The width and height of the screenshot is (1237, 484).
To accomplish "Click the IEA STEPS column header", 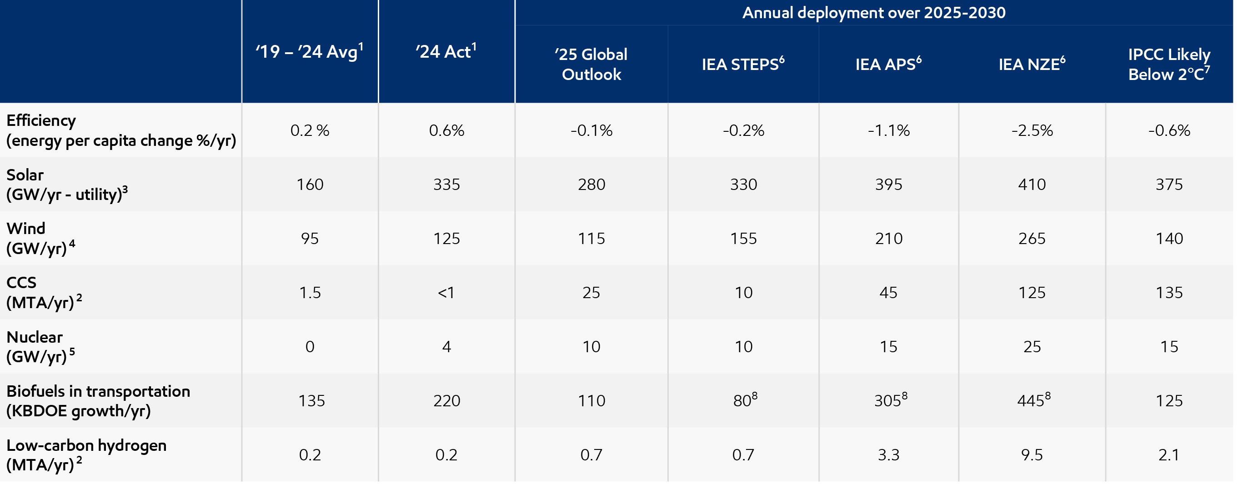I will click(x=743, y=64).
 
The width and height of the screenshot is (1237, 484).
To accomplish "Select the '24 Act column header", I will click(x=446, y=51).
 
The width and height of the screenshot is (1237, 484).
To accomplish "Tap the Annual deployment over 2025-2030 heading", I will click(x=873, y=12).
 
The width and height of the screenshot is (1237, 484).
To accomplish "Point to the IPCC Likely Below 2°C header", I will click(x=1169, y=64).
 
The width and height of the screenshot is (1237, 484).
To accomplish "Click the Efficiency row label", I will click(x=120, y=130).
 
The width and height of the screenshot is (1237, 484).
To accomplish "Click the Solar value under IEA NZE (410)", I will click(x=1032, y=185).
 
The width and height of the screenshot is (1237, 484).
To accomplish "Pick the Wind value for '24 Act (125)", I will click(x=446, y=239).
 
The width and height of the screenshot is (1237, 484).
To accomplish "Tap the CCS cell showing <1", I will click(x=446, y=292).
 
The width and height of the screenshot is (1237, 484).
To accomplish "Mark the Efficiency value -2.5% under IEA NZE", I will click(x=1032, y=130).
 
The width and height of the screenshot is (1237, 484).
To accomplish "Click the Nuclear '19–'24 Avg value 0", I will click(x=310, y=347).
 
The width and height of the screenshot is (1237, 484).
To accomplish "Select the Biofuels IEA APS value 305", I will click(x=888, y=400).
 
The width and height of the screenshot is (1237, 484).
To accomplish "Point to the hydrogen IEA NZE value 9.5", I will click(x=1032, y=455).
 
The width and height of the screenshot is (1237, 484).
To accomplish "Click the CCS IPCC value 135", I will click(x=1169, y=292).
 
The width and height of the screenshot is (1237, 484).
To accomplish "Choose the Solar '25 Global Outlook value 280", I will click(x=591, y=185).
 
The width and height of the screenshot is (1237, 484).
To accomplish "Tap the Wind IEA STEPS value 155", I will click(x=743, y=239).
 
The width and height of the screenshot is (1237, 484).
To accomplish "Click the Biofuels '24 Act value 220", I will click(x=446, y=400).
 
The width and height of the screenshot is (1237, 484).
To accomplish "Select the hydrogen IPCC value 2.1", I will click(x=1169, y=455).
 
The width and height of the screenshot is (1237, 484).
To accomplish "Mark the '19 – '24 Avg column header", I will click(x=310, y=51).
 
